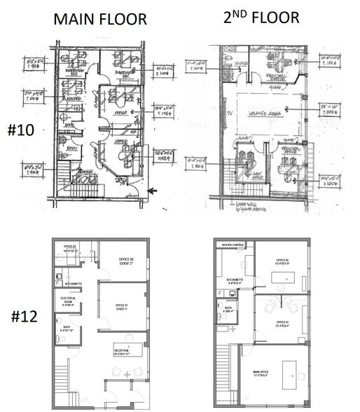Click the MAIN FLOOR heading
(100, 19)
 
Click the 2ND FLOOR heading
(261, 17)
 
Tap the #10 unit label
(20, 130)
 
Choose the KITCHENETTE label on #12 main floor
(74, 283)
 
